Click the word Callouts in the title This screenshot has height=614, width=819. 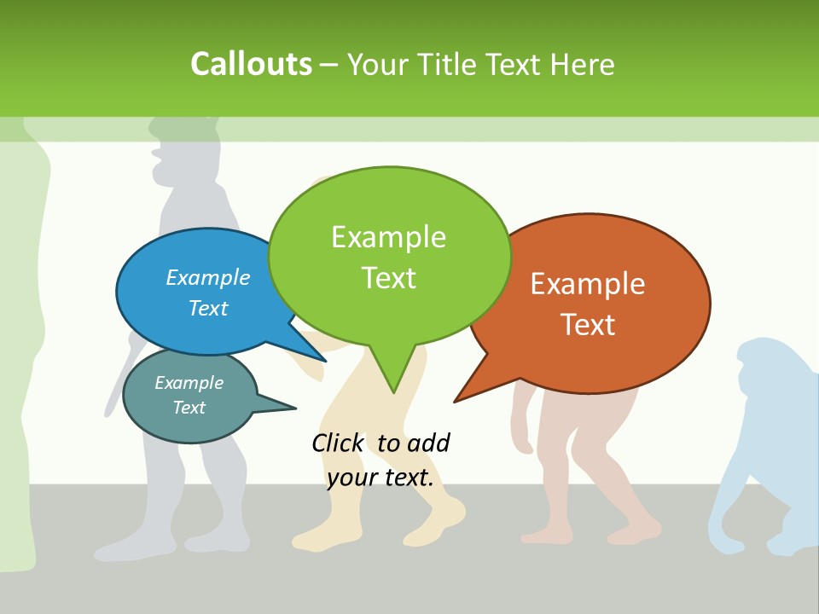point(251,64)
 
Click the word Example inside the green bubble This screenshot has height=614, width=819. point(388,236)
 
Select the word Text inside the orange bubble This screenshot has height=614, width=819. point(587,324)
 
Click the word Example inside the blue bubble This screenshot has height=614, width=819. point(207,277)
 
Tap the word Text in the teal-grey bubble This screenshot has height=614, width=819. point(189,408)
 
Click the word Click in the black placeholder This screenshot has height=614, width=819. point(338,443)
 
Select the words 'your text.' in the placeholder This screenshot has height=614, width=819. point(380,478)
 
